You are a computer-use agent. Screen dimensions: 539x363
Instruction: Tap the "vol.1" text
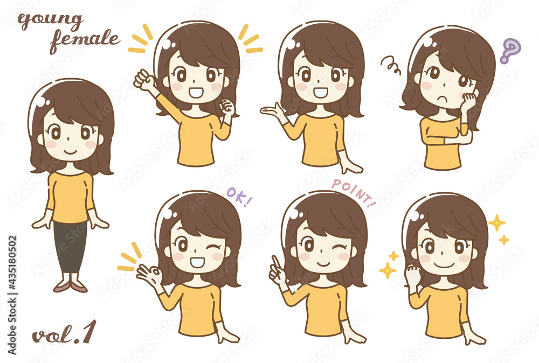64,333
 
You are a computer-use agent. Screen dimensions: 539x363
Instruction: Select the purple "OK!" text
239,197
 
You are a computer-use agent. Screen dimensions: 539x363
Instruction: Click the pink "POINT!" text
354,193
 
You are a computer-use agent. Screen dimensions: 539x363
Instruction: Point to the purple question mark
510,50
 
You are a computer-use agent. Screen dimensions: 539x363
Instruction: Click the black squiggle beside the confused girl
391,65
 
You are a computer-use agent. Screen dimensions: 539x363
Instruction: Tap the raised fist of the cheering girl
144,80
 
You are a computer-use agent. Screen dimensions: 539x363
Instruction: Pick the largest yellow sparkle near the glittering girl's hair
497,223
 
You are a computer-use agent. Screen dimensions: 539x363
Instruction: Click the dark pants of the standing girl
71,246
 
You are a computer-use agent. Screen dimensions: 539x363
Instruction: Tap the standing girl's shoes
70,286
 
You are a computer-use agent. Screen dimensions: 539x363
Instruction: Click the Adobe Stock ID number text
12,295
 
